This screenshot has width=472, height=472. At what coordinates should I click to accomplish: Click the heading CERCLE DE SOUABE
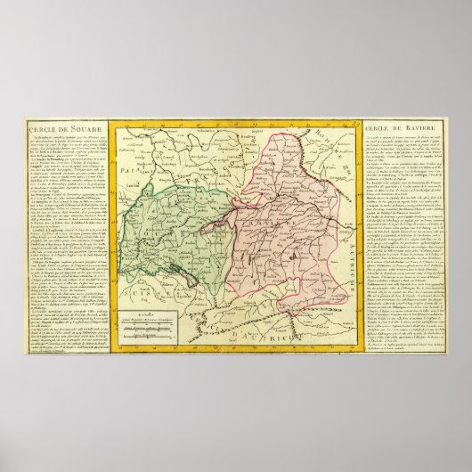coord(55,134)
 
